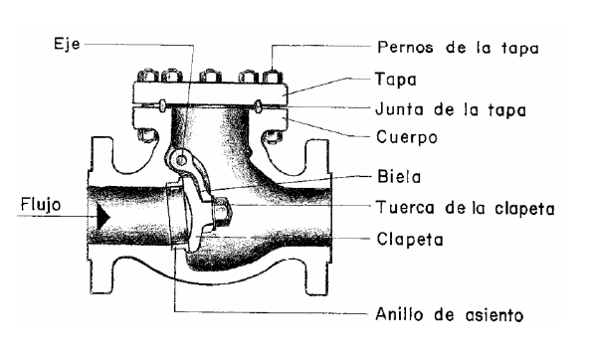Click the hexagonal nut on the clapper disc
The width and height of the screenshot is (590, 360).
tap(221, 211)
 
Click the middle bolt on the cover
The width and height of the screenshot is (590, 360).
tap(210, 76)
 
